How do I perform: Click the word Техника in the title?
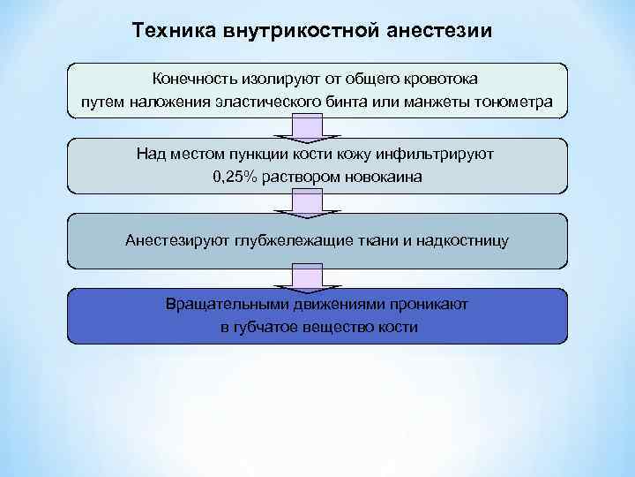point(168,31)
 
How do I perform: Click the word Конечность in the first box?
point(198,80)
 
